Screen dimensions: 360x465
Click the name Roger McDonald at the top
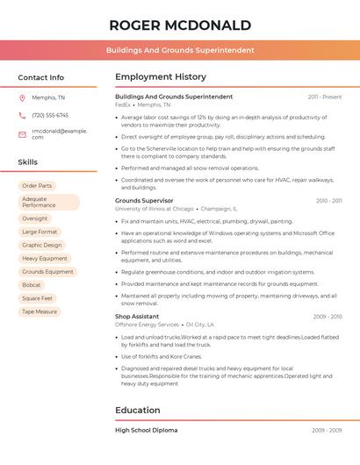point(180,25)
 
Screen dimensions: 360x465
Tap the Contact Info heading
point(41,77)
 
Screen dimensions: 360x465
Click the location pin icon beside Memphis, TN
point(22,97)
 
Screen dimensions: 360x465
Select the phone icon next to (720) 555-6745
point(22,115)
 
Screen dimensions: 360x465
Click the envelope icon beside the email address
point(22,133)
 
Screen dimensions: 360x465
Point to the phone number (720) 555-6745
point(50,115)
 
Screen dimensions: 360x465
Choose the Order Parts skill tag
point(37,186)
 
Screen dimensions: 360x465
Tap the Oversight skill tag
point(35,218)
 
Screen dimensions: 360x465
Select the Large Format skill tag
point(40,232)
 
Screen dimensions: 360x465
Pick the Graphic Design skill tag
point(42,245)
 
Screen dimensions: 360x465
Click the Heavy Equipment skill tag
point(45,258)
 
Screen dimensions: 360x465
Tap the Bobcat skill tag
point(32,285)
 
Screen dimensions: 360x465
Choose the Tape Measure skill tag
point(40,311)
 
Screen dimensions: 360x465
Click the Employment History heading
point(161,77)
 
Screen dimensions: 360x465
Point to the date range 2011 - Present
point(325,97)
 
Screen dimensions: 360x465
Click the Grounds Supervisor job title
point(144,201)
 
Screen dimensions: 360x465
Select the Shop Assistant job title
point(137,316)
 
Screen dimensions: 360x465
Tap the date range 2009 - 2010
point(328,316)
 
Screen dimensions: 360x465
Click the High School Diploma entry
point(146,431)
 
